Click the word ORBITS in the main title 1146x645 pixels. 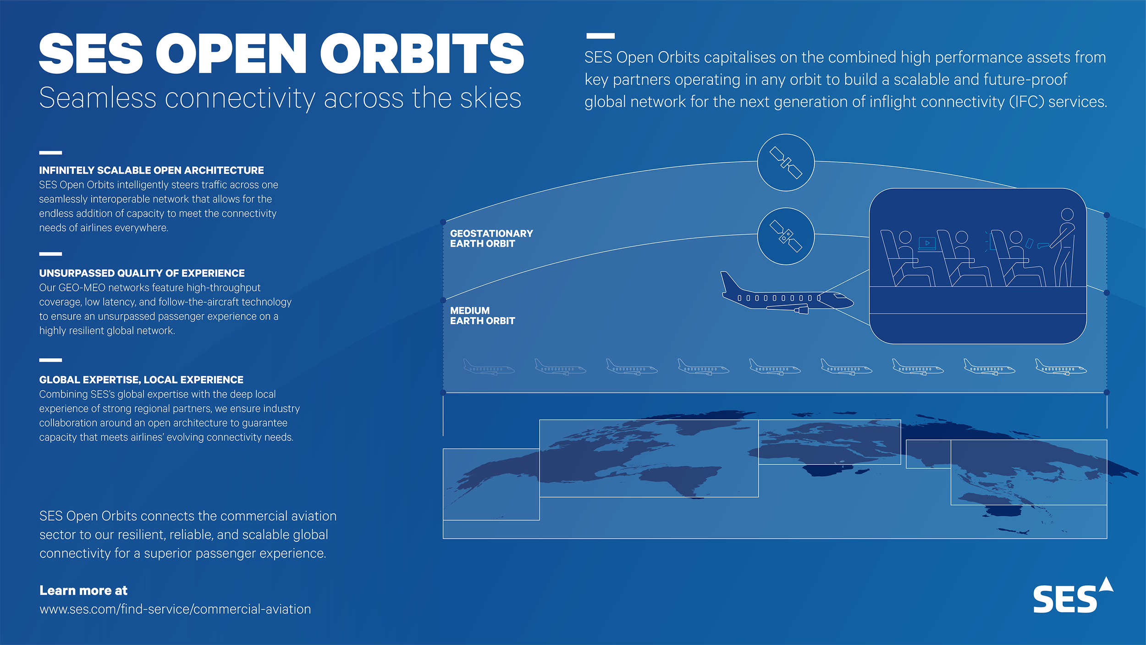(x=422, y=54)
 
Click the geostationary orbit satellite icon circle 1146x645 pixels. (x=785, y=162)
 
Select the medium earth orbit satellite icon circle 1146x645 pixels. (x=785, y=236)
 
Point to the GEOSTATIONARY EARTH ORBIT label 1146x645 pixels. (x=491, y=238)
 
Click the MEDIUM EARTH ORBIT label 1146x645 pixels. (x=482, y=315)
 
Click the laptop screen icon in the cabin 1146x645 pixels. (x=927, y=243)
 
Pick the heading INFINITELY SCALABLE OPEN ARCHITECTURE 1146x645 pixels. (x=151, y=170)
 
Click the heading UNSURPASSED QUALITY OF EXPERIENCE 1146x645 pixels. (x=142, y=273)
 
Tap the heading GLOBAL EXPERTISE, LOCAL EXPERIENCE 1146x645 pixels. (x=141, y=380)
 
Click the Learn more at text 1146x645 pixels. (x=83, y=590)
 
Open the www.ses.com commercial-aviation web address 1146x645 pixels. (x=175, y=609)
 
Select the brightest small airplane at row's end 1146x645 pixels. (x=1060, y=367)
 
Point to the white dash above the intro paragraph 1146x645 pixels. (x=600, y=36)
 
